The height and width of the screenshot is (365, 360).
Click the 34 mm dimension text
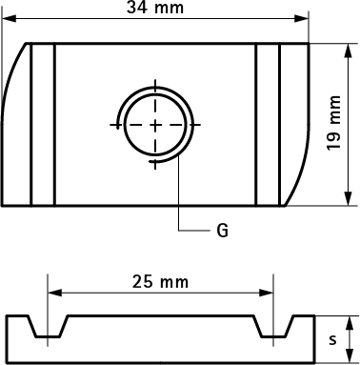pos(158,9)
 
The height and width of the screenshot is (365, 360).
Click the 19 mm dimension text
pos(333,124)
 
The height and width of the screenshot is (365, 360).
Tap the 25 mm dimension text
pos(159,282)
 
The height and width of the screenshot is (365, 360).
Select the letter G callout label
pos(222,230)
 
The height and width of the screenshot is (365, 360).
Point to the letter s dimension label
pos(332,338)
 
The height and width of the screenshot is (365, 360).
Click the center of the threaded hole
pos(155,126)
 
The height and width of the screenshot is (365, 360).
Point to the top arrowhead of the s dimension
pos(352,321)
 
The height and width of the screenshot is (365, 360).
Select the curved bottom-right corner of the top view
pos(299,181)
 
